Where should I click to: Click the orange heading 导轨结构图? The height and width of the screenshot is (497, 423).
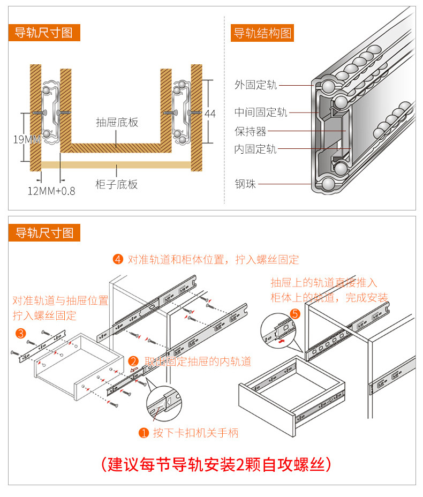(x=262, y=33)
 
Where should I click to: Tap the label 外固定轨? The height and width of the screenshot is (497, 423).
(x=255, y=85)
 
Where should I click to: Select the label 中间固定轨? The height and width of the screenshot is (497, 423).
(x=261, y=112)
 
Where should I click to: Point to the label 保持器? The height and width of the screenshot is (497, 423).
(x=250, y=131)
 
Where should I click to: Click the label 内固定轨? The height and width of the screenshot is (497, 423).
(x=255, y=149)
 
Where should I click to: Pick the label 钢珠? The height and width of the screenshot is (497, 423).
(x=245, y=184)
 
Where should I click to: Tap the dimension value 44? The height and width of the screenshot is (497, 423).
(x=210, y=114)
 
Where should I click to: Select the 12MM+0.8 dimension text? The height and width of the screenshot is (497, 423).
(x=51, y=191)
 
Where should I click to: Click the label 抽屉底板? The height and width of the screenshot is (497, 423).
(x=117, y=122)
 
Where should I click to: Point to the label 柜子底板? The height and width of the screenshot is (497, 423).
(x=117, y=185)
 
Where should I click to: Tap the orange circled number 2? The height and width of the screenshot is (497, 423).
(x=133, y=362)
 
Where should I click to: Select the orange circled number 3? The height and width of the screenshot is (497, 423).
(x=21, y=334)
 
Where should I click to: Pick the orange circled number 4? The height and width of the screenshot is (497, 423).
(x=118, y=260)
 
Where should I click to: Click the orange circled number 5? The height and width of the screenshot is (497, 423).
(x=294, y=314)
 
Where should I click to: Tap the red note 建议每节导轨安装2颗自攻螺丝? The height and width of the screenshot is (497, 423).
(x=216, y=464)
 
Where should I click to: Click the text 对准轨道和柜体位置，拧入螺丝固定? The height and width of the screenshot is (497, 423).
(x=213, y=260)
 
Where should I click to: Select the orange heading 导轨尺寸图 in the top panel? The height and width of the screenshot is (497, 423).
(x=44, y=33)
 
